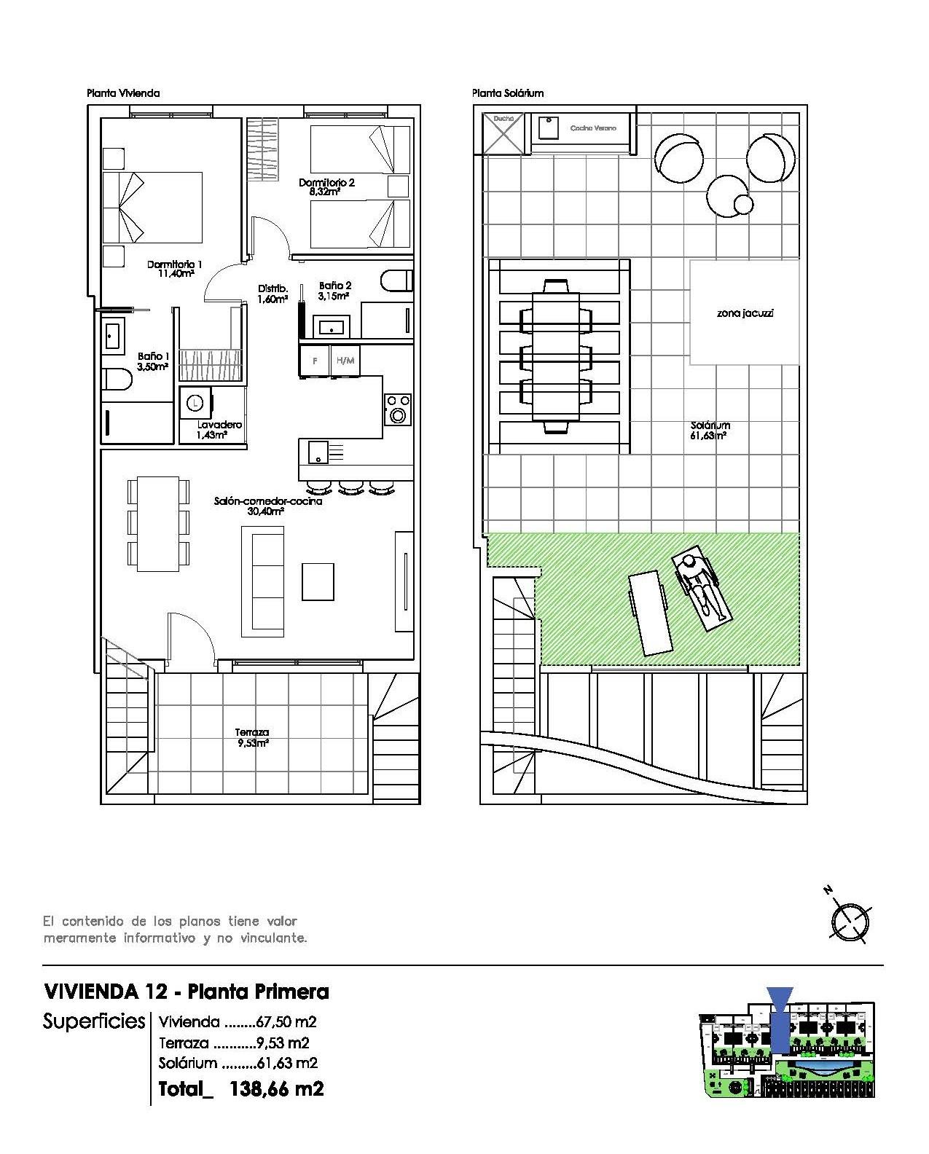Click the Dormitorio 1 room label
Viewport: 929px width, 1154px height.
click(x=174, y=264)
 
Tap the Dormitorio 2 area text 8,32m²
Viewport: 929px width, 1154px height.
click(x=326, y=192)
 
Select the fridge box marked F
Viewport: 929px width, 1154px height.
click(x=315, y=361)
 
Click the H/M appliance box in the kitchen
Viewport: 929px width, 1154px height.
click(x=345, y=361)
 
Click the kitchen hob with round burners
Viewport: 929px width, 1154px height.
click(x=397, y=409)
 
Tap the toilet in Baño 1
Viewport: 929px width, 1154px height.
click(x=117, y=380)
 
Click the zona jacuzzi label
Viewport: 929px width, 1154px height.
click(x=744, y=313)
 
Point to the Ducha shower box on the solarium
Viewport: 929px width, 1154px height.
click(x=503, y=133)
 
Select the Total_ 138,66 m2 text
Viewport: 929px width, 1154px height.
click(x=241, y=1089)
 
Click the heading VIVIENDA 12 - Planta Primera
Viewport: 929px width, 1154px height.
click(x=187, y=992)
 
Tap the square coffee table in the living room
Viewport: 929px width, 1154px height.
click(x=318, y=581)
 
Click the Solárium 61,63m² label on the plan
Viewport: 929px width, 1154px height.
click(x=710, y=430)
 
